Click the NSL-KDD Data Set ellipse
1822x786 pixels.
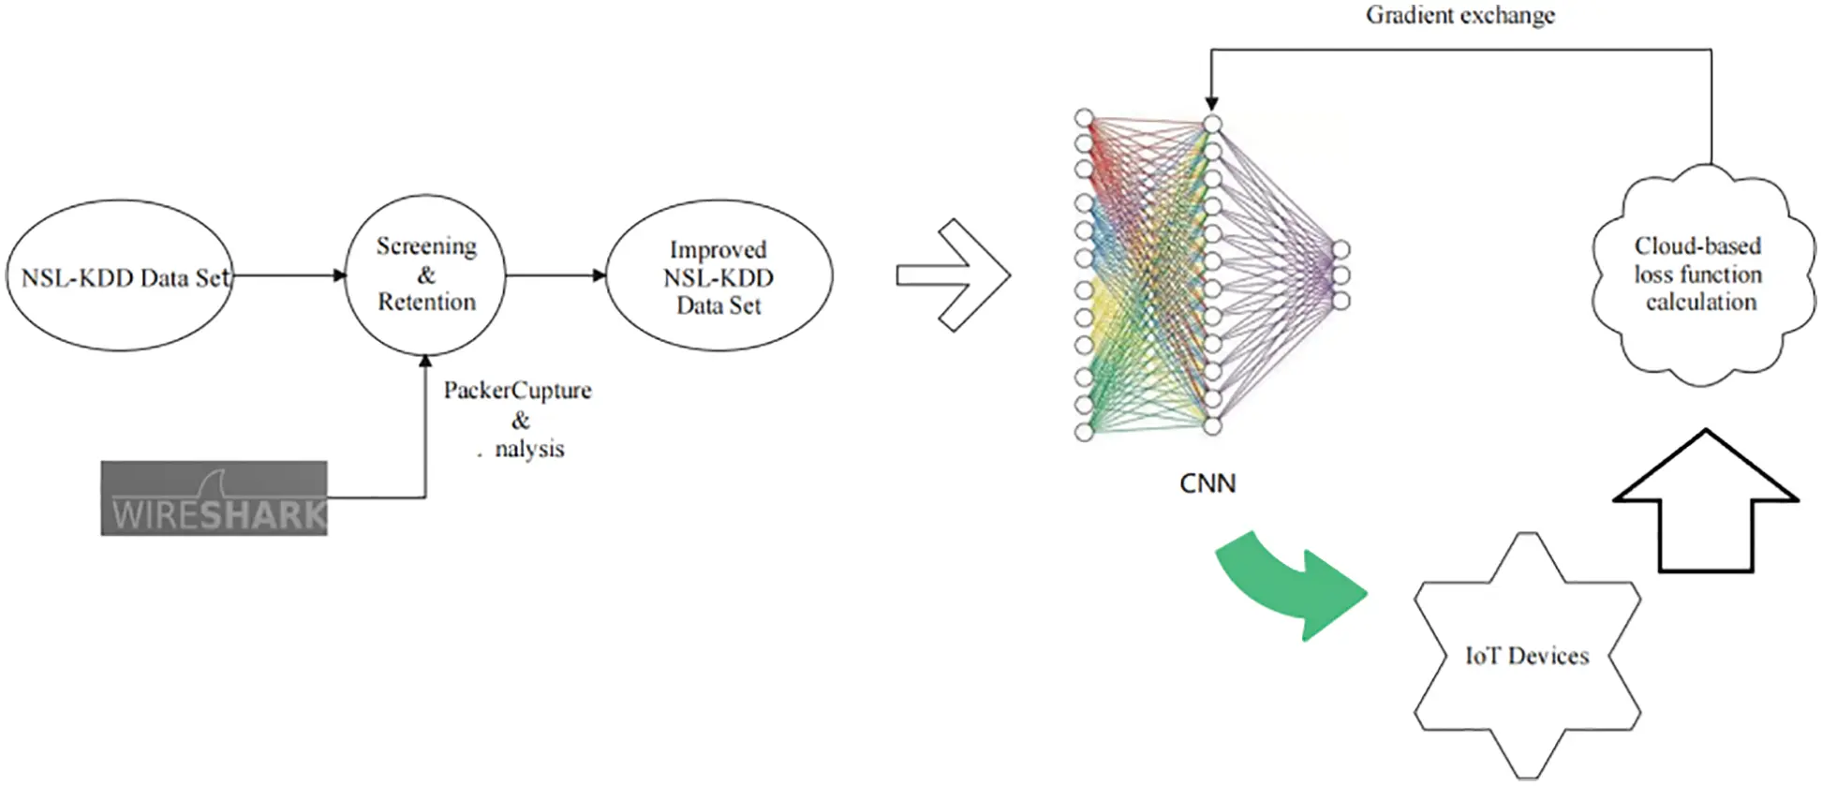pyautogui.click(x=120, y=276)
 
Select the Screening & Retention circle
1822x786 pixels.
pyautogui.click(x=425, y=274)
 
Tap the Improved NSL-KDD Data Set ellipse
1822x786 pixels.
pyautogui.click(x=718, y=276)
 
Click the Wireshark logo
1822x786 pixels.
pyautogui.click(x=215, y=498)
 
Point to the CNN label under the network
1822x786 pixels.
pyautogui.click(x=1207, y=483)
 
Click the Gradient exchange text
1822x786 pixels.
pyautogui.click(x=1459, y=15)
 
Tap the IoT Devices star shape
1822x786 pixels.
pyautogui.click(x=1527, y=656)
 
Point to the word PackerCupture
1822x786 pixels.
pyautogui.click(x=517, y=391)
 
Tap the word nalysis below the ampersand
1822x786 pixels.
pyautogui.click(x=529, y=450)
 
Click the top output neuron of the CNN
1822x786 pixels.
pyautogui.click(x=1341, y=249)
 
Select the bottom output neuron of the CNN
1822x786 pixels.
pyautogui.click(x=1341, y=301)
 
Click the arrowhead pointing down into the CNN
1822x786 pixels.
pyautogui.click(x=1211, y=103)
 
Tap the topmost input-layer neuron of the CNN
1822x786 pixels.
pyautogui.click(x=1084, y=118)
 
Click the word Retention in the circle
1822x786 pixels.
pyautogui.click(x=426, y=303)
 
